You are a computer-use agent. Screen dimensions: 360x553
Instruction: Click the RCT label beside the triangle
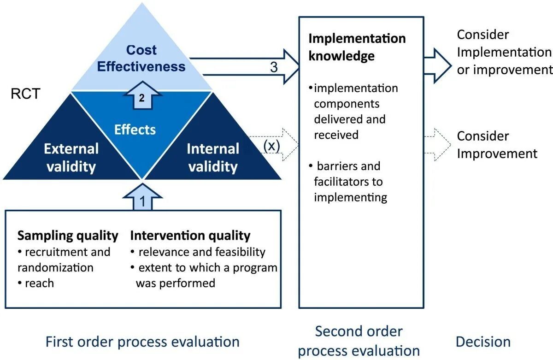[25, 94]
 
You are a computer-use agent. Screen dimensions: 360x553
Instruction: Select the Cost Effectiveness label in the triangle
[141, 58]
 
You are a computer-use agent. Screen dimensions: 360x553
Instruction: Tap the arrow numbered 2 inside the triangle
[142, 96]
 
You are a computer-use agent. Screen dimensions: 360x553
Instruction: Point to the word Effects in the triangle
[135, 130]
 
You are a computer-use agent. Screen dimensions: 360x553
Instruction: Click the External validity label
[71, 157]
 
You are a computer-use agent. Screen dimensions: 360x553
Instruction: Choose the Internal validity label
[212, 157]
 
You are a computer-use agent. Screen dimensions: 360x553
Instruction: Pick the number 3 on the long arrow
[274, 67]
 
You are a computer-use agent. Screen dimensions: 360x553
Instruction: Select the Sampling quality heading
[68, 236]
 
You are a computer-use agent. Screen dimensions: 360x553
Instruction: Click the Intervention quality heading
[190, 236]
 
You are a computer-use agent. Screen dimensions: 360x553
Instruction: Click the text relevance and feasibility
[202, 252]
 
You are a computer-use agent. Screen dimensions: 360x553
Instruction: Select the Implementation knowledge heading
[357, 47]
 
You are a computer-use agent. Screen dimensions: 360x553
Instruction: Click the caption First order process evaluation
[142, 342]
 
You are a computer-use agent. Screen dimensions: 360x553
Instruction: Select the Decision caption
[483, 342]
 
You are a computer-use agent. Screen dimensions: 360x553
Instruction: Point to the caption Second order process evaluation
[359, 341]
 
